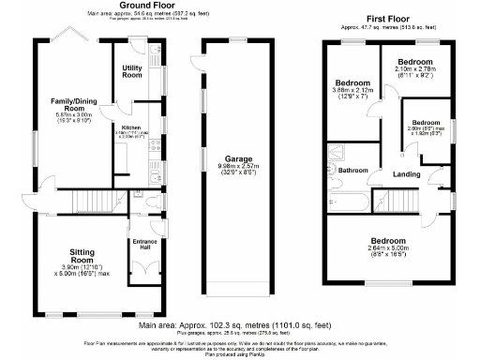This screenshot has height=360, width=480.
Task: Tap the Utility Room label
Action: [132, 71]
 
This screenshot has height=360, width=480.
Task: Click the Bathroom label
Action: [353, 171]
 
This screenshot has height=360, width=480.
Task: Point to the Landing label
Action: [406, 175]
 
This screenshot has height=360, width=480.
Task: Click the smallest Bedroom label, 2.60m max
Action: [426, 123]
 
